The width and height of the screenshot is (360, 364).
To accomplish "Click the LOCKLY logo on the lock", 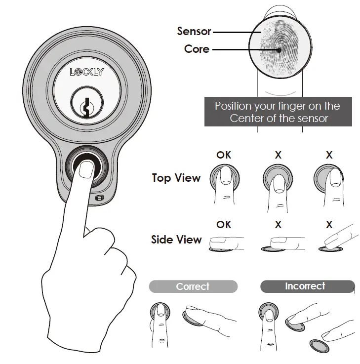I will (x=87, y=72).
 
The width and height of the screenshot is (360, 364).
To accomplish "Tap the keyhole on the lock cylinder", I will (x=87, y=106).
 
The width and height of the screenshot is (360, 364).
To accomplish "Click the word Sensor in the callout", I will (x=194, y=32).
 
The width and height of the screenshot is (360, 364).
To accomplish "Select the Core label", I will (x=197, y=49).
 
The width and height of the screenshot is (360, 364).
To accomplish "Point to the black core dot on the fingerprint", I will (x=280, y=49).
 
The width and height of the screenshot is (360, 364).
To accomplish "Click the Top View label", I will (x=176, y=178).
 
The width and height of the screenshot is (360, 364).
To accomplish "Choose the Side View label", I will (x=176, y=240).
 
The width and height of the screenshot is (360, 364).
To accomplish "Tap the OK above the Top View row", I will (x=224, y=155).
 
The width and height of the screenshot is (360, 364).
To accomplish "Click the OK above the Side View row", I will (x=224, y=225).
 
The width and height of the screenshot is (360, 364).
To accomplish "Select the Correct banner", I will (x=193, y=286).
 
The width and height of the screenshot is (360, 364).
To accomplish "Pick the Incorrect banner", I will (x=306, y=286).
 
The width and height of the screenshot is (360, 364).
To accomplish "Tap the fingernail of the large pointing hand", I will (x=86, y=169).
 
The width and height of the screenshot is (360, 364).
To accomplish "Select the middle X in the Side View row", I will (x=278, y=225).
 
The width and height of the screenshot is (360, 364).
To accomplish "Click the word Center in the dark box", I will (x=246, y=118).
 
